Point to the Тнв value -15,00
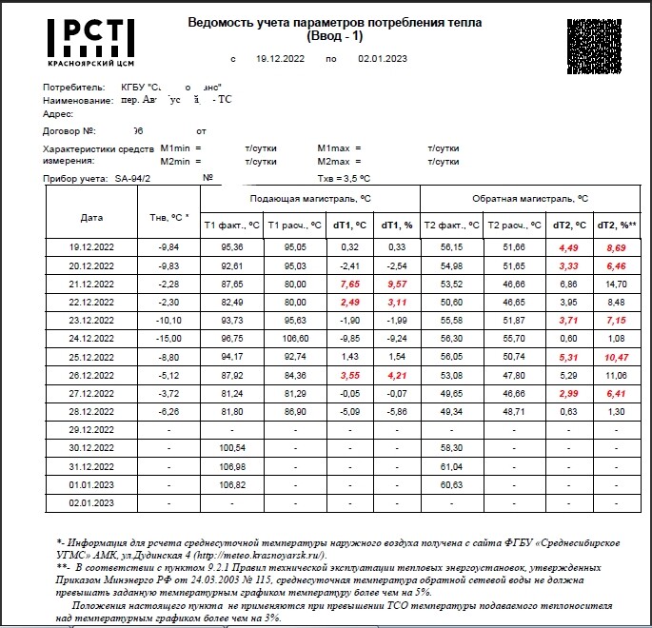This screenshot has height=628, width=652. [168, 338]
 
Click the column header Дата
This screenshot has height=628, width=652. [92, 216]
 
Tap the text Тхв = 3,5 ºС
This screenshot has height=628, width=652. [344, 177]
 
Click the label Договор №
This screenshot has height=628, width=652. [69, 130]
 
